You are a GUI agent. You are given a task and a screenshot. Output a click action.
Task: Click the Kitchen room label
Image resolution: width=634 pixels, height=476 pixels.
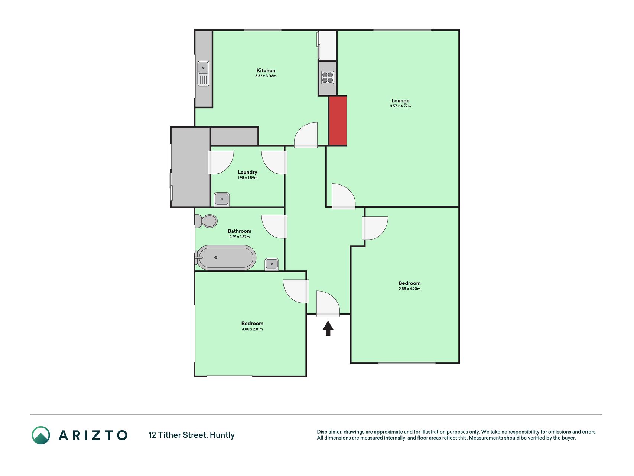tap(266, 70)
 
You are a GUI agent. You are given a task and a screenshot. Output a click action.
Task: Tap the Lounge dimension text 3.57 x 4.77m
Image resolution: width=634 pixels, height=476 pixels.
tap(400, 106)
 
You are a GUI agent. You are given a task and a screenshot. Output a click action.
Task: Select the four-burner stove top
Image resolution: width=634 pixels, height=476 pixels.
tap(327, 77)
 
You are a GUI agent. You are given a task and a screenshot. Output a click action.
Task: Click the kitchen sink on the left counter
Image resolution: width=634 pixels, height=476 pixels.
tap(203, 74)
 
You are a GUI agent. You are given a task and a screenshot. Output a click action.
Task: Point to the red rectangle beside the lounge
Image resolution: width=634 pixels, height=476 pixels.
tap(338, 120)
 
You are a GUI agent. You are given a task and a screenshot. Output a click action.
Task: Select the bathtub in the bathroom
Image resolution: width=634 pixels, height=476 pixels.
tap(225, 257)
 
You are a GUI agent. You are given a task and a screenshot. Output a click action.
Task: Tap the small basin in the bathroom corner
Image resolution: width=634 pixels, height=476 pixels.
tap(272, 264)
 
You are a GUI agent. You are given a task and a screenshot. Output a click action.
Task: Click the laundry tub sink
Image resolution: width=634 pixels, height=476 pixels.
tap(222, 199)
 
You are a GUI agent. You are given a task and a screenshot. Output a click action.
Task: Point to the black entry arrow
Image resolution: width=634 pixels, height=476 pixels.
tap(328, 328)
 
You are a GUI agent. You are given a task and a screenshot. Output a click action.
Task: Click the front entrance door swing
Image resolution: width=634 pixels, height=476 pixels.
tap(328, 303)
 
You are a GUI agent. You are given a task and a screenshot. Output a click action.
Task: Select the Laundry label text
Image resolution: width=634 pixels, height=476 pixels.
tap(247, 172)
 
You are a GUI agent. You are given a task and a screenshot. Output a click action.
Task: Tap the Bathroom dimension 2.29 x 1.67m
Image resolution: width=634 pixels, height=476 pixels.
tap(239, 237)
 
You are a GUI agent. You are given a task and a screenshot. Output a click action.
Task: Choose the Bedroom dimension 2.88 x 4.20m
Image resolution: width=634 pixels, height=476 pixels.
tap(409, 289)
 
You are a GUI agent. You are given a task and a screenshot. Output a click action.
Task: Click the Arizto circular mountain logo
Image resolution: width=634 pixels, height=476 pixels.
tap(41, 435)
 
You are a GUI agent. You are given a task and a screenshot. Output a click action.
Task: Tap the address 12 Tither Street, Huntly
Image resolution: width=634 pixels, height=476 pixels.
tap(192, 435)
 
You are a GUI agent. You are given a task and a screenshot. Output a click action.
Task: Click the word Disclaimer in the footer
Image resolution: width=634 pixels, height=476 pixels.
tap(329, 432)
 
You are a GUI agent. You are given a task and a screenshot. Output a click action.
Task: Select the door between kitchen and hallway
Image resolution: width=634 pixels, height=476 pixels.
tap(306, 135)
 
